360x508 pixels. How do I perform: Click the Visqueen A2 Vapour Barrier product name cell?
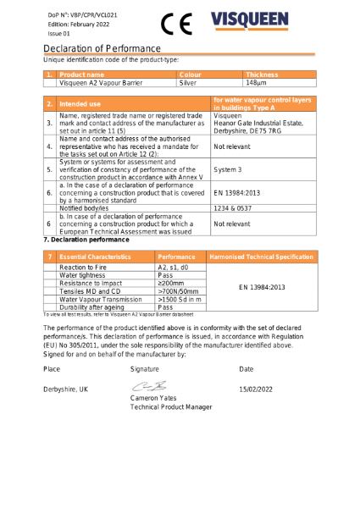(x=100, y=83)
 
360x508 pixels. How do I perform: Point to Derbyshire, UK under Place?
(x=65, y=389)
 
